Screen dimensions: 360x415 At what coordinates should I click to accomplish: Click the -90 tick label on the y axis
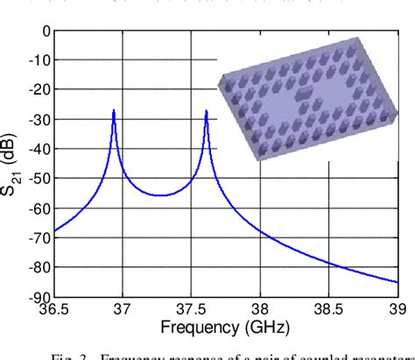[38, 298]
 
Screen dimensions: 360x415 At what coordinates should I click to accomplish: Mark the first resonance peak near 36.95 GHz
[114, 111]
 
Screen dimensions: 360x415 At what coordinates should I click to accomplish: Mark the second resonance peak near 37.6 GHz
[206, 111]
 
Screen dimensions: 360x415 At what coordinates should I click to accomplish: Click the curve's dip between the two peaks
[159, 195]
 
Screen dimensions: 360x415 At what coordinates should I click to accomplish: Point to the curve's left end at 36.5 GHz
[54, 231]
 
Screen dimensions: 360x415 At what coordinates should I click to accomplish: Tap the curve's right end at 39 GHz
[397, 282]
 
